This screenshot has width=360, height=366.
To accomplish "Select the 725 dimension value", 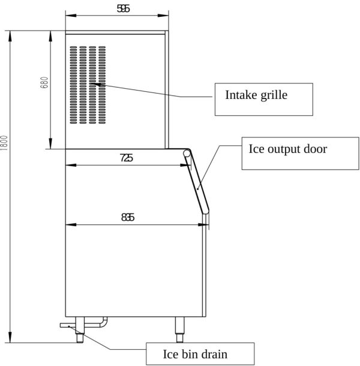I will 127,158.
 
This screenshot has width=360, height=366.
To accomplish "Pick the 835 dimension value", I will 128,217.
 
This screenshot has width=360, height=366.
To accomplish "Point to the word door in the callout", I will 316,149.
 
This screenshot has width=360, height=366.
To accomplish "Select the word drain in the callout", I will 214,353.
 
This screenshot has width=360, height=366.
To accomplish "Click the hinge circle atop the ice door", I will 187,153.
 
